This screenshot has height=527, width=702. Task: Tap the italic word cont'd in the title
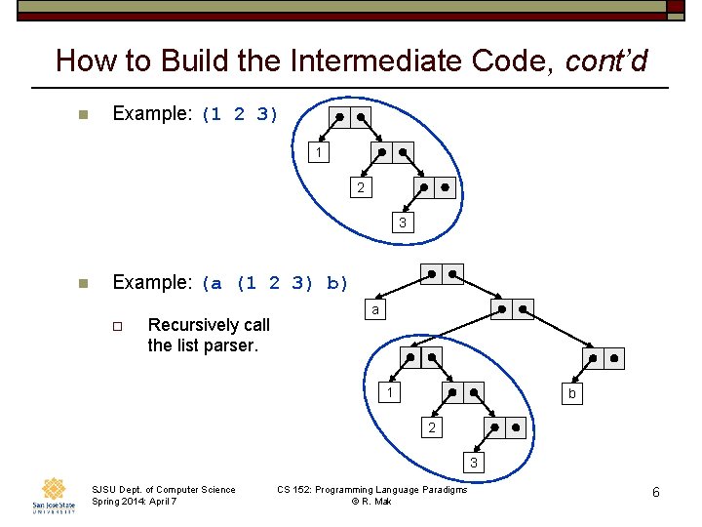pos(606,61)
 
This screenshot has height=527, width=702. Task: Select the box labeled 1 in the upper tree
pos(318,153)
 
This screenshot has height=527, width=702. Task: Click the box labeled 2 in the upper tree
pos(361,187)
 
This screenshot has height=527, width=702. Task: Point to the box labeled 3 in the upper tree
pos(402,223)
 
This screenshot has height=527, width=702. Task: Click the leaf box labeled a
pos(374,310)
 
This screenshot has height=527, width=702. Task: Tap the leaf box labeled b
pos(572,393)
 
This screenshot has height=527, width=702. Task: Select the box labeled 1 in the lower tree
pos(389,393)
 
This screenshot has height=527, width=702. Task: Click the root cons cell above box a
pos(442,274)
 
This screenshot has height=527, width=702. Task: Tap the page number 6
pos(656,493)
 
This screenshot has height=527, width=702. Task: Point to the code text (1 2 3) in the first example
pos(240,114)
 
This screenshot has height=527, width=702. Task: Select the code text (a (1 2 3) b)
pos(275,284)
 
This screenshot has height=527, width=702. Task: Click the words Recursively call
pos(209,324)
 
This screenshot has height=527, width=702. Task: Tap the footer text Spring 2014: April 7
pos(135,502)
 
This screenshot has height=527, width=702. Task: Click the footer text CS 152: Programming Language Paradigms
pos(371,489)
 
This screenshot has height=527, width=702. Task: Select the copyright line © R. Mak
pos(371,502)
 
